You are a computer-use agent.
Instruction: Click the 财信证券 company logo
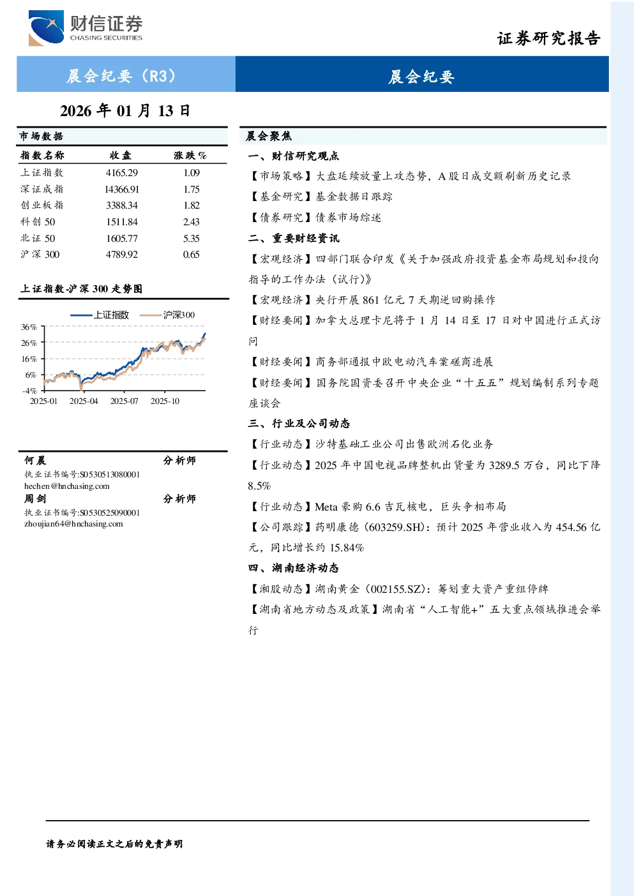86,27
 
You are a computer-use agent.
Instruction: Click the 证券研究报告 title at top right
548,38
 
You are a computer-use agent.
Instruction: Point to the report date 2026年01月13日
125,110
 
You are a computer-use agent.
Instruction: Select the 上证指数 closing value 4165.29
122,173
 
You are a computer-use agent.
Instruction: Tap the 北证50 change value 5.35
192,239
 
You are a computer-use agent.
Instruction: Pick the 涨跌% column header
190,155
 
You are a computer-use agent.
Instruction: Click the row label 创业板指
42,205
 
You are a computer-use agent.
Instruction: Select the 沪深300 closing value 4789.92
122,255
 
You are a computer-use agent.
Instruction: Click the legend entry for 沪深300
167,315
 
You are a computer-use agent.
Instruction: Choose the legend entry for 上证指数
100,315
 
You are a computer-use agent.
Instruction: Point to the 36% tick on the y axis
29,327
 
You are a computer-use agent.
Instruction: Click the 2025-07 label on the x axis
124,401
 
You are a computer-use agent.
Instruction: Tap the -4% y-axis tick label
29,391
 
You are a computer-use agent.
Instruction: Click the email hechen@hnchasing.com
67,486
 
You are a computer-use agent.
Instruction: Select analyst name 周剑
35,499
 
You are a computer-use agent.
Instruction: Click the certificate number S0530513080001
110,474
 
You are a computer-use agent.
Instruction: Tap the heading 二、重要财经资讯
294,239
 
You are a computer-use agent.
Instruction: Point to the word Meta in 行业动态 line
326,507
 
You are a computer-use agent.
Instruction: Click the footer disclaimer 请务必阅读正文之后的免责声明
114,844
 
